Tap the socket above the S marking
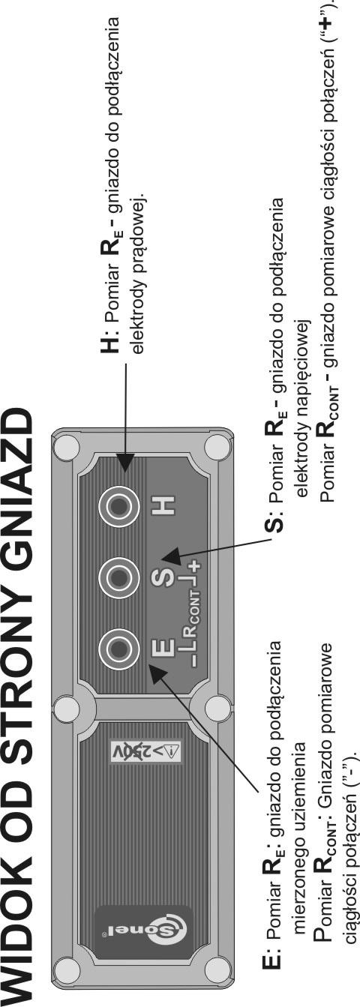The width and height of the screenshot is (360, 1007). point(118,577)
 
